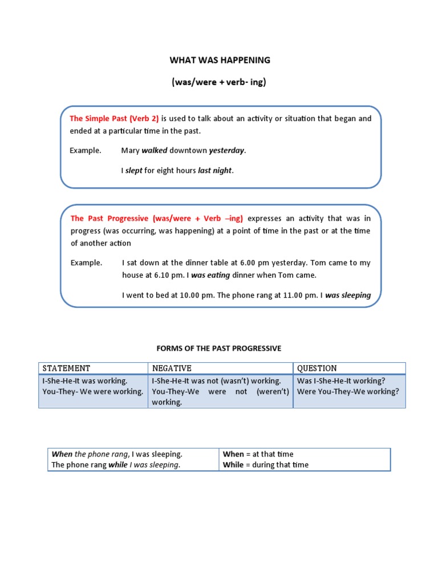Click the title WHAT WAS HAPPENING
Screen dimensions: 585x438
220,60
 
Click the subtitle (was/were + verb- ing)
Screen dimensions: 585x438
219,82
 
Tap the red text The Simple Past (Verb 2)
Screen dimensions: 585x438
114,119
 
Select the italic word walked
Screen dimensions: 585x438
154,150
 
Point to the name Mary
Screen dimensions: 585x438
130,150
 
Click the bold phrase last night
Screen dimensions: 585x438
215,170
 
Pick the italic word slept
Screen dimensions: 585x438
134,170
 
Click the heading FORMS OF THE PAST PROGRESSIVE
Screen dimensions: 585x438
219,348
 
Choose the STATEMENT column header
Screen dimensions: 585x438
66,368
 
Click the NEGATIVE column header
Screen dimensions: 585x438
172,368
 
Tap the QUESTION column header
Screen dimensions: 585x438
317,368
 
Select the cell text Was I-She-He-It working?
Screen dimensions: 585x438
341,380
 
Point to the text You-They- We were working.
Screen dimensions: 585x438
93,391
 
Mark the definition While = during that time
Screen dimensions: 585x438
266,464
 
